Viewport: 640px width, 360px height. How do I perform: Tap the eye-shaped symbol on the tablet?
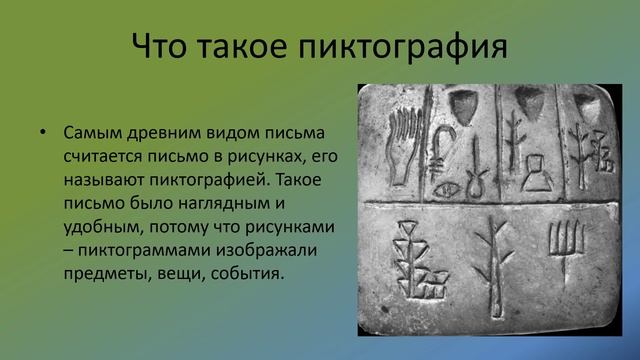pos(443,187)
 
